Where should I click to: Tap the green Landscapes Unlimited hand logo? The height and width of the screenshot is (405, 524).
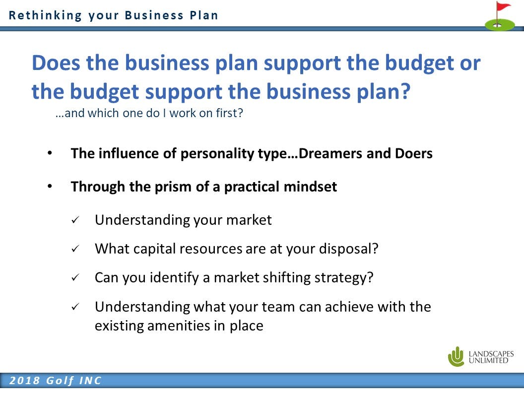[x=456, y=356]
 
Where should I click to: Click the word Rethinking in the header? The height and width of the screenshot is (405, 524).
[x=45, y=15]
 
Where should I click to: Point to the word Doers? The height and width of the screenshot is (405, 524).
[x=414, y=153]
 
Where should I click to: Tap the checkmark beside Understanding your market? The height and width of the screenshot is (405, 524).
[x=75, y=220]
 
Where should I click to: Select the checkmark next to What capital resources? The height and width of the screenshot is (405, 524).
[x=75, y=249]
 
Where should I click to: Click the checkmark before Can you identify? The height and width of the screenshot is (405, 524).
[x=75, y=277]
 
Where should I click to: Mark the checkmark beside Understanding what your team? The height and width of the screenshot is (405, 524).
[x=75, y=306]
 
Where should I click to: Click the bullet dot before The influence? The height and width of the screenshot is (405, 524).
[x=50, y=153]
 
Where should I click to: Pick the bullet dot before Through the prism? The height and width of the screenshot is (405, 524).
[x=50, y=187]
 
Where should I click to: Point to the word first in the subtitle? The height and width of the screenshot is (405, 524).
[x=226, y=113]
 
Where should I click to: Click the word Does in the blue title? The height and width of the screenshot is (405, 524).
[x=56, y=63]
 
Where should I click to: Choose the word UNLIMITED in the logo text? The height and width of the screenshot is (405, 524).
[x=488, y=360]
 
